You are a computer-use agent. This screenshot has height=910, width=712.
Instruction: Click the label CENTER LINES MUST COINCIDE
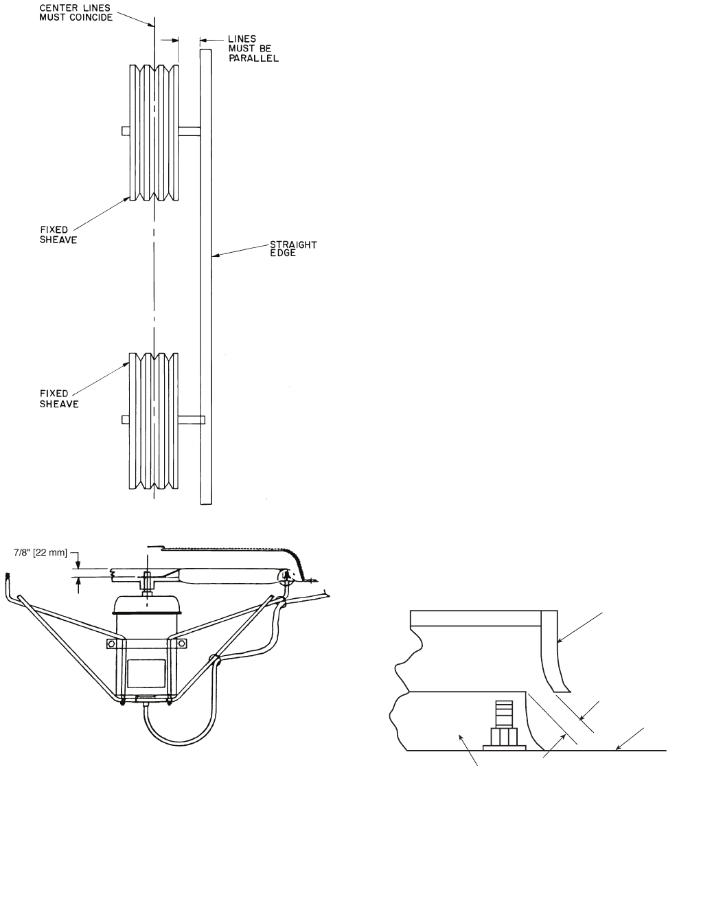[76, 12]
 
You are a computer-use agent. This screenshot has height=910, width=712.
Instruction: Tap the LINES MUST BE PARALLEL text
[253, 49]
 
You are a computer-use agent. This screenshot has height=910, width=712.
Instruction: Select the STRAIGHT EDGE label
[293, 249]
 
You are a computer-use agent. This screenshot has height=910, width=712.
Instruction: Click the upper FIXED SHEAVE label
[58, 234]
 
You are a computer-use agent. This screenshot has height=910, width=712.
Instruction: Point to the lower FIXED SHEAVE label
[59, 398]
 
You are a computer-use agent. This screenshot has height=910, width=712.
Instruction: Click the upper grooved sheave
[154, 133]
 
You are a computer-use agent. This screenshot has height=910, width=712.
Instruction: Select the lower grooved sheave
[154, 421]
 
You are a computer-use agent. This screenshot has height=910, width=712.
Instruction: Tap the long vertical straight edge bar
[206, 277]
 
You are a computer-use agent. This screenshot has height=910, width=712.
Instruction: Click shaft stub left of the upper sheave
[126, 131]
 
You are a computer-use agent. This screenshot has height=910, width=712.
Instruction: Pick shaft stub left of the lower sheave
[126, 420]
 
